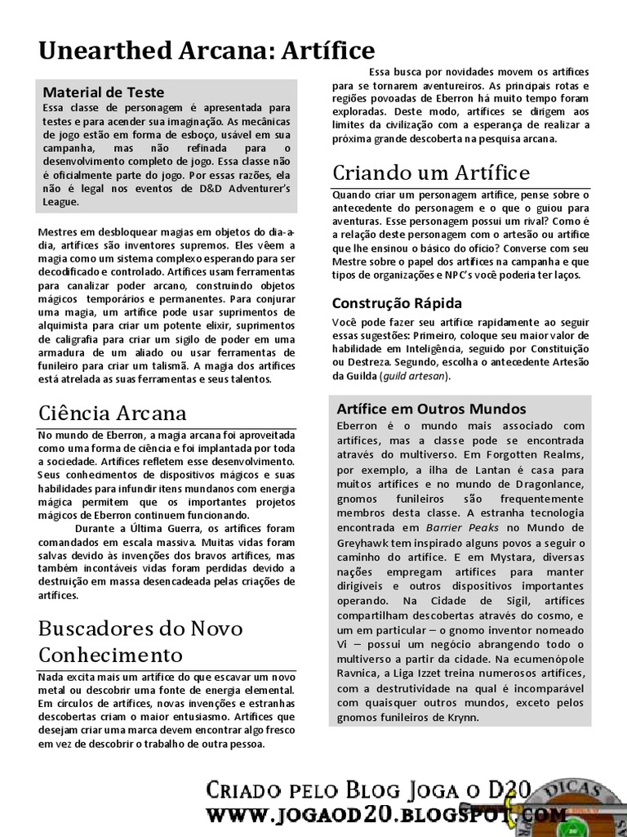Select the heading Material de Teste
coord(103,92)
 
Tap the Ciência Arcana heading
coord(113,413)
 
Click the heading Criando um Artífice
coord(431,172)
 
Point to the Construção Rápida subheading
coord(397,303)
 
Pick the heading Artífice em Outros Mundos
coord(431,409)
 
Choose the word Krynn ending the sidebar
coord(460,718)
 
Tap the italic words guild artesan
coord(420,376)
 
